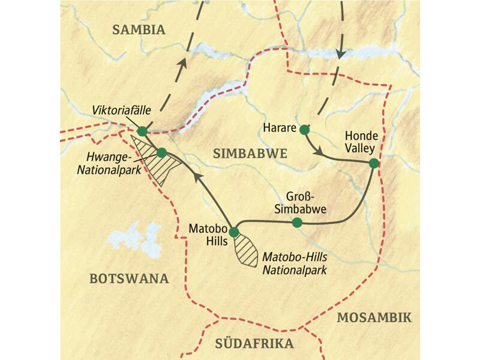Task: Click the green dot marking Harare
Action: (x=304, y=128)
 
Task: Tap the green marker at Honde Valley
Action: (x=373, y=163)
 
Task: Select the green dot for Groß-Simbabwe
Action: (x=296, y=223)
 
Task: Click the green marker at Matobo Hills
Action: (x=234, y=232)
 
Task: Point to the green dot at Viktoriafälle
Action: (x=142, y=131)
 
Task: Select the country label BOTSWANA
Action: (x=128, y=278)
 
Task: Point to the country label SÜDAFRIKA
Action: (x=254, y=344)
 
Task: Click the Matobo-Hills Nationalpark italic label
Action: (x=294, y=263)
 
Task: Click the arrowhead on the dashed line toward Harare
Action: (x=341, y=54)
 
